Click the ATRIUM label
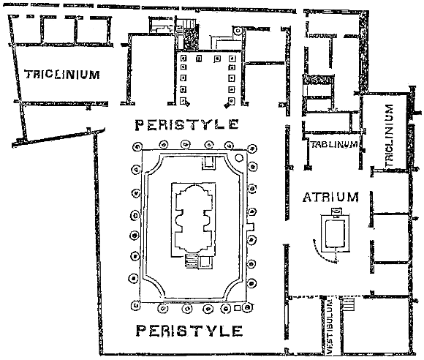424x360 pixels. pos(330,197)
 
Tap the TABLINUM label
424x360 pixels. pos(334,144)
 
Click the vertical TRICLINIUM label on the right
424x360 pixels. pos(389,135)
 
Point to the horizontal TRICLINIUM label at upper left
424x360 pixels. pos(62,74)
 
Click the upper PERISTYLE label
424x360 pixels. pos(187,125)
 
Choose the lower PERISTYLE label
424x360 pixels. pos(189,331)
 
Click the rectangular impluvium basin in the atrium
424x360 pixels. pos(336,233)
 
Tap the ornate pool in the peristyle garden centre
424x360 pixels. pos(193,219)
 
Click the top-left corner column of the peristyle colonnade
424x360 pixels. pos(137,146)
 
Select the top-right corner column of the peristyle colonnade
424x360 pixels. pos(252,149)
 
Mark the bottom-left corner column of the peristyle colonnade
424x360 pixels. pos(135,306)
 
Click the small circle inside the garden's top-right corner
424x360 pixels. pos(239,158)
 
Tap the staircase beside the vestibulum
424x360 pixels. pos(347,304)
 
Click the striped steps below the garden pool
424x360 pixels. pos(192,261)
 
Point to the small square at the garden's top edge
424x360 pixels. pos(209,163)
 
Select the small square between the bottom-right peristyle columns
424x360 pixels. pos(237,308)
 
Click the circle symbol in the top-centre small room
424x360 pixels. pos(238,31)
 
